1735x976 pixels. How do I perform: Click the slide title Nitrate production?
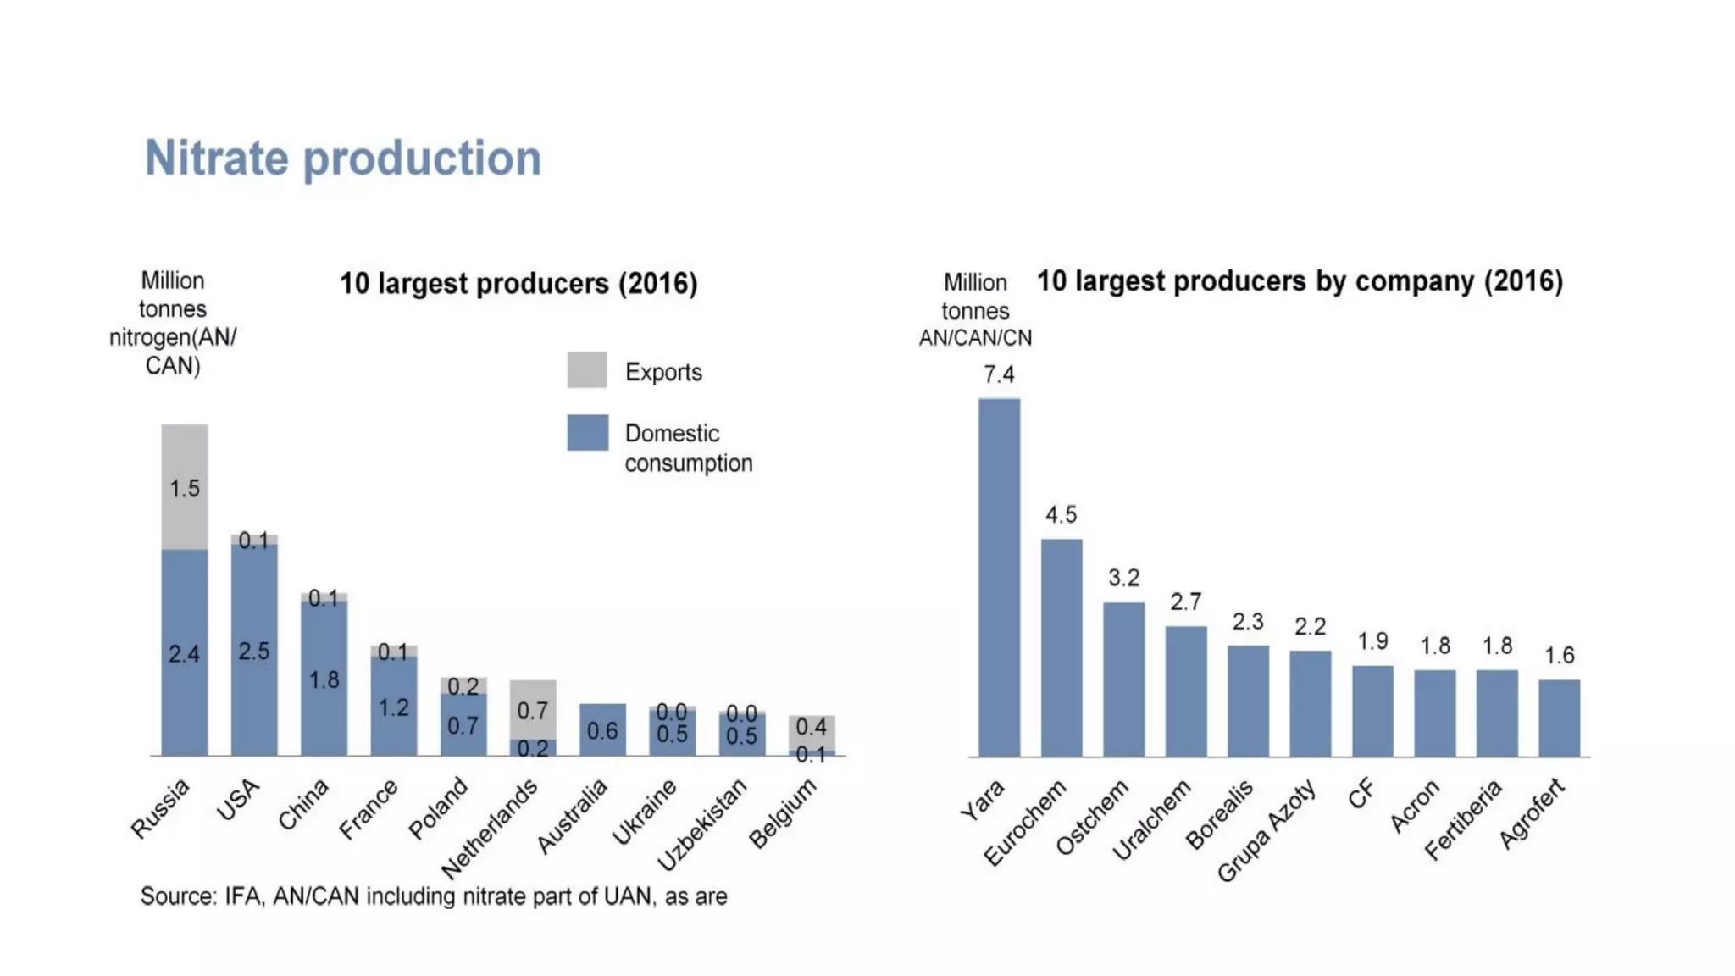(x=342, y=158)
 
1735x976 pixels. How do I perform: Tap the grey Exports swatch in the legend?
(x=586, y=370)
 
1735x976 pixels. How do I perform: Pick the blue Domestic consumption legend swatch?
(x=587, y=432)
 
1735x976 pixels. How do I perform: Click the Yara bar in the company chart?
(x=999, y=576)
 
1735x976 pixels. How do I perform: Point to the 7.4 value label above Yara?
(x=999, y=374)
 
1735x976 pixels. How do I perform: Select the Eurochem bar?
(x=1062, y=647)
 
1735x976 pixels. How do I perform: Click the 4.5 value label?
(x=1061, y=515)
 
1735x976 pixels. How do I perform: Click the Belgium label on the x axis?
(x=783, y=813)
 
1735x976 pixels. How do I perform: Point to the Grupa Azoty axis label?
(x=1267, y=831)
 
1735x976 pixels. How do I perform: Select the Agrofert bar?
(x=1559, y=718)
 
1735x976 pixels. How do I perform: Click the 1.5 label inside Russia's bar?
(x=185, y=489)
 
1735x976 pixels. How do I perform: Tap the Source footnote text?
(x=434, y=896)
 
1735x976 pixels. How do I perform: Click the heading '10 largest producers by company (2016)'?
(x=1300, y=281)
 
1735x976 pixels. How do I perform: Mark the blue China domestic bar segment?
(x=324, y=678)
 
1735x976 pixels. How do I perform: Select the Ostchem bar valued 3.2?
(x=1123, y=679)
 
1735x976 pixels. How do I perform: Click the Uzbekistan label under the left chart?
(x=702, y=824)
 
